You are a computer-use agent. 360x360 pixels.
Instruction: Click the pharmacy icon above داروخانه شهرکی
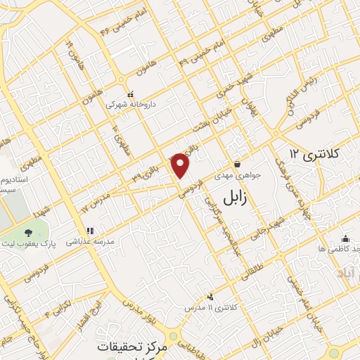coord(129,94)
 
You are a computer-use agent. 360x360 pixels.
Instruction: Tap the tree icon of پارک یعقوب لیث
coord(27,232)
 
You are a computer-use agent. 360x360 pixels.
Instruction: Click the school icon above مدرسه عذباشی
coord(89,230)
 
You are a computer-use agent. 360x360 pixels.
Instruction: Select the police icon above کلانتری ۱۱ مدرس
coord(210,297)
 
